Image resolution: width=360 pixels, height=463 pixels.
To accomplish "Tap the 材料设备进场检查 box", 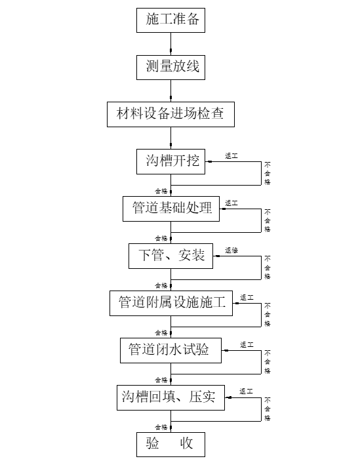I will [170, 114].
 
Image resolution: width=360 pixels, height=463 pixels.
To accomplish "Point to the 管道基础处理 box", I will [172, 208].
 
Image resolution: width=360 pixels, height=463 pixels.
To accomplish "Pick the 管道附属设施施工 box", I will [171, 302].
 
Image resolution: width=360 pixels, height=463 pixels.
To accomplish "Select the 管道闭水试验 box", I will [171, 350].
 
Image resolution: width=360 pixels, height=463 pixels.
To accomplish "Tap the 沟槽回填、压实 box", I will [171, 397].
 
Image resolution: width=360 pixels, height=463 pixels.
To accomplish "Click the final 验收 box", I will [171, 444].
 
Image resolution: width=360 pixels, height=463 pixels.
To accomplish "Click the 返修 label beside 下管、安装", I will [231, 251].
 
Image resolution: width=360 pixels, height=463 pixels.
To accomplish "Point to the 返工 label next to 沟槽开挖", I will [231, 156].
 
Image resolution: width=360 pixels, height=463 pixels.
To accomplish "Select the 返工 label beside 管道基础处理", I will [231, 203].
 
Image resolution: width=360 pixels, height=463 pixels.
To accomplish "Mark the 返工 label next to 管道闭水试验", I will [247, 345].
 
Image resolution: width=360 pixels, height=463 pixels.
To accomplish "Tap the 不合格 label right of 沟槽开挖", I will [268, 173].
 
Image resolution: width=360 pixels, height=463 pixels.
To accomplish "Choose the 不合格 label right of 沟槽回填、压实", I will [268, 409].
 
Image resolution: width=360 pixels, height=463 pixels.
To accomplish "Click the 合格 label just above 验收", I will [161, 426].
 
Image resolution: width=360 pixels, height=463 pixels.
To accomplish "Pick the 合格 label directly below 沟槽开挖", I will [161, 191].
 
